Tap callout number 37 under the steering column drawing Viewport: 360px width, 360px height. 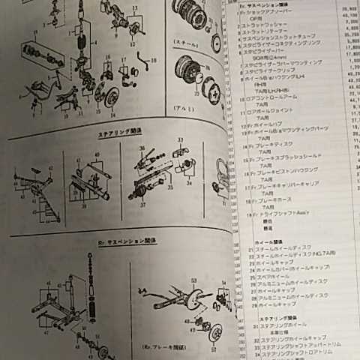[x=139, y=208]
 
